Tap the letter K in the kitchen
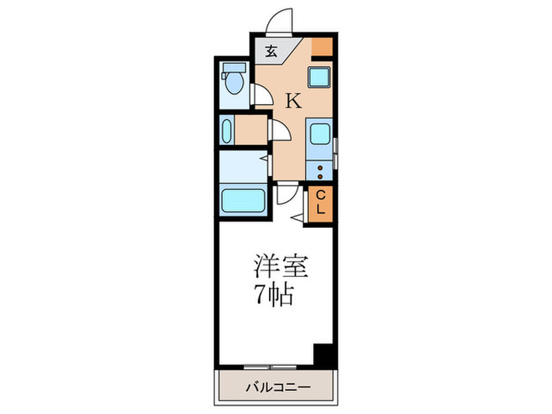pyautogui.click(x=293, y=101)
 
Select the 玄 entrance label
pyautogui.click(x=270, y=52)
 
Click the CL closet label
pyautogui.click(x=322, y=203)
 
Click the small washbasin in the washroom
pyautogui.click(x=228, y=130)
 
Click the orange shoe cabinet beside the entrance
pyautogui.click(x=322, y=47)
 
